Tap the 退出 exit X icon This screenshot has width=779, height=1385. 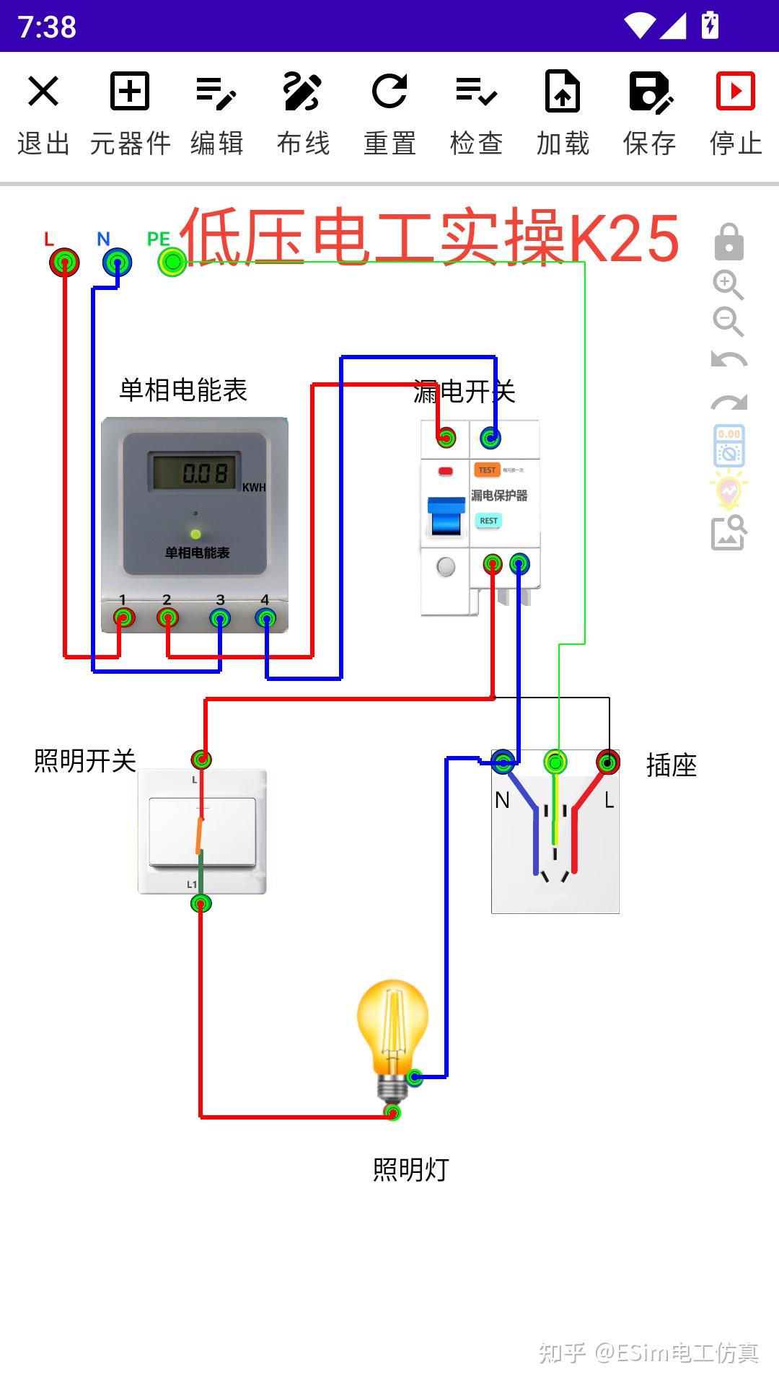point(43,92)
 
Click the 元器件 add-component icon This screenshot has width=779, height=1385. point(130,92)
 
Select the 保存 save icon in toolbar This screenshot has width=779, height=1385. point(649,92)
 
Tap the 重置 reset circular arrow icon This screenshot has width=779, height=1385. point(389,92)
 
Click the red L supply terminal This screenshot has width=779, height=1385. point(64,262)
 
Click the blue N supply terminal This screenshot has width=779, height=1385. point(117,262)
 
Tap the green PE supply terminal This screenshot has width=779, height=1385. point(172,262)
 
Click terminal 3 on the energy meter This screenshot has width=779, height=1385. point(220,618)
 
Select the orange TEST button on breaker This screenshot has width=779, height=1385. point(488,470)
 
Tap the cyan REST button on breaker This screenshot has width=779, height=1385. point(488,520)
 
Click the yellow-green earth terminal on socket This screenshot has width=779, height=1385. point(555,762)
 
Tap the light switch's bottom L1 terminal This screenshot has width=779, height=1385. point(201,903)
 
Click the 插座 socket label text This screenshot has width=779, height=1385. point(671,765)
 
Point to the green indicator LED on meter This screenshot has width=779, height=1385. point(195,534)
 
